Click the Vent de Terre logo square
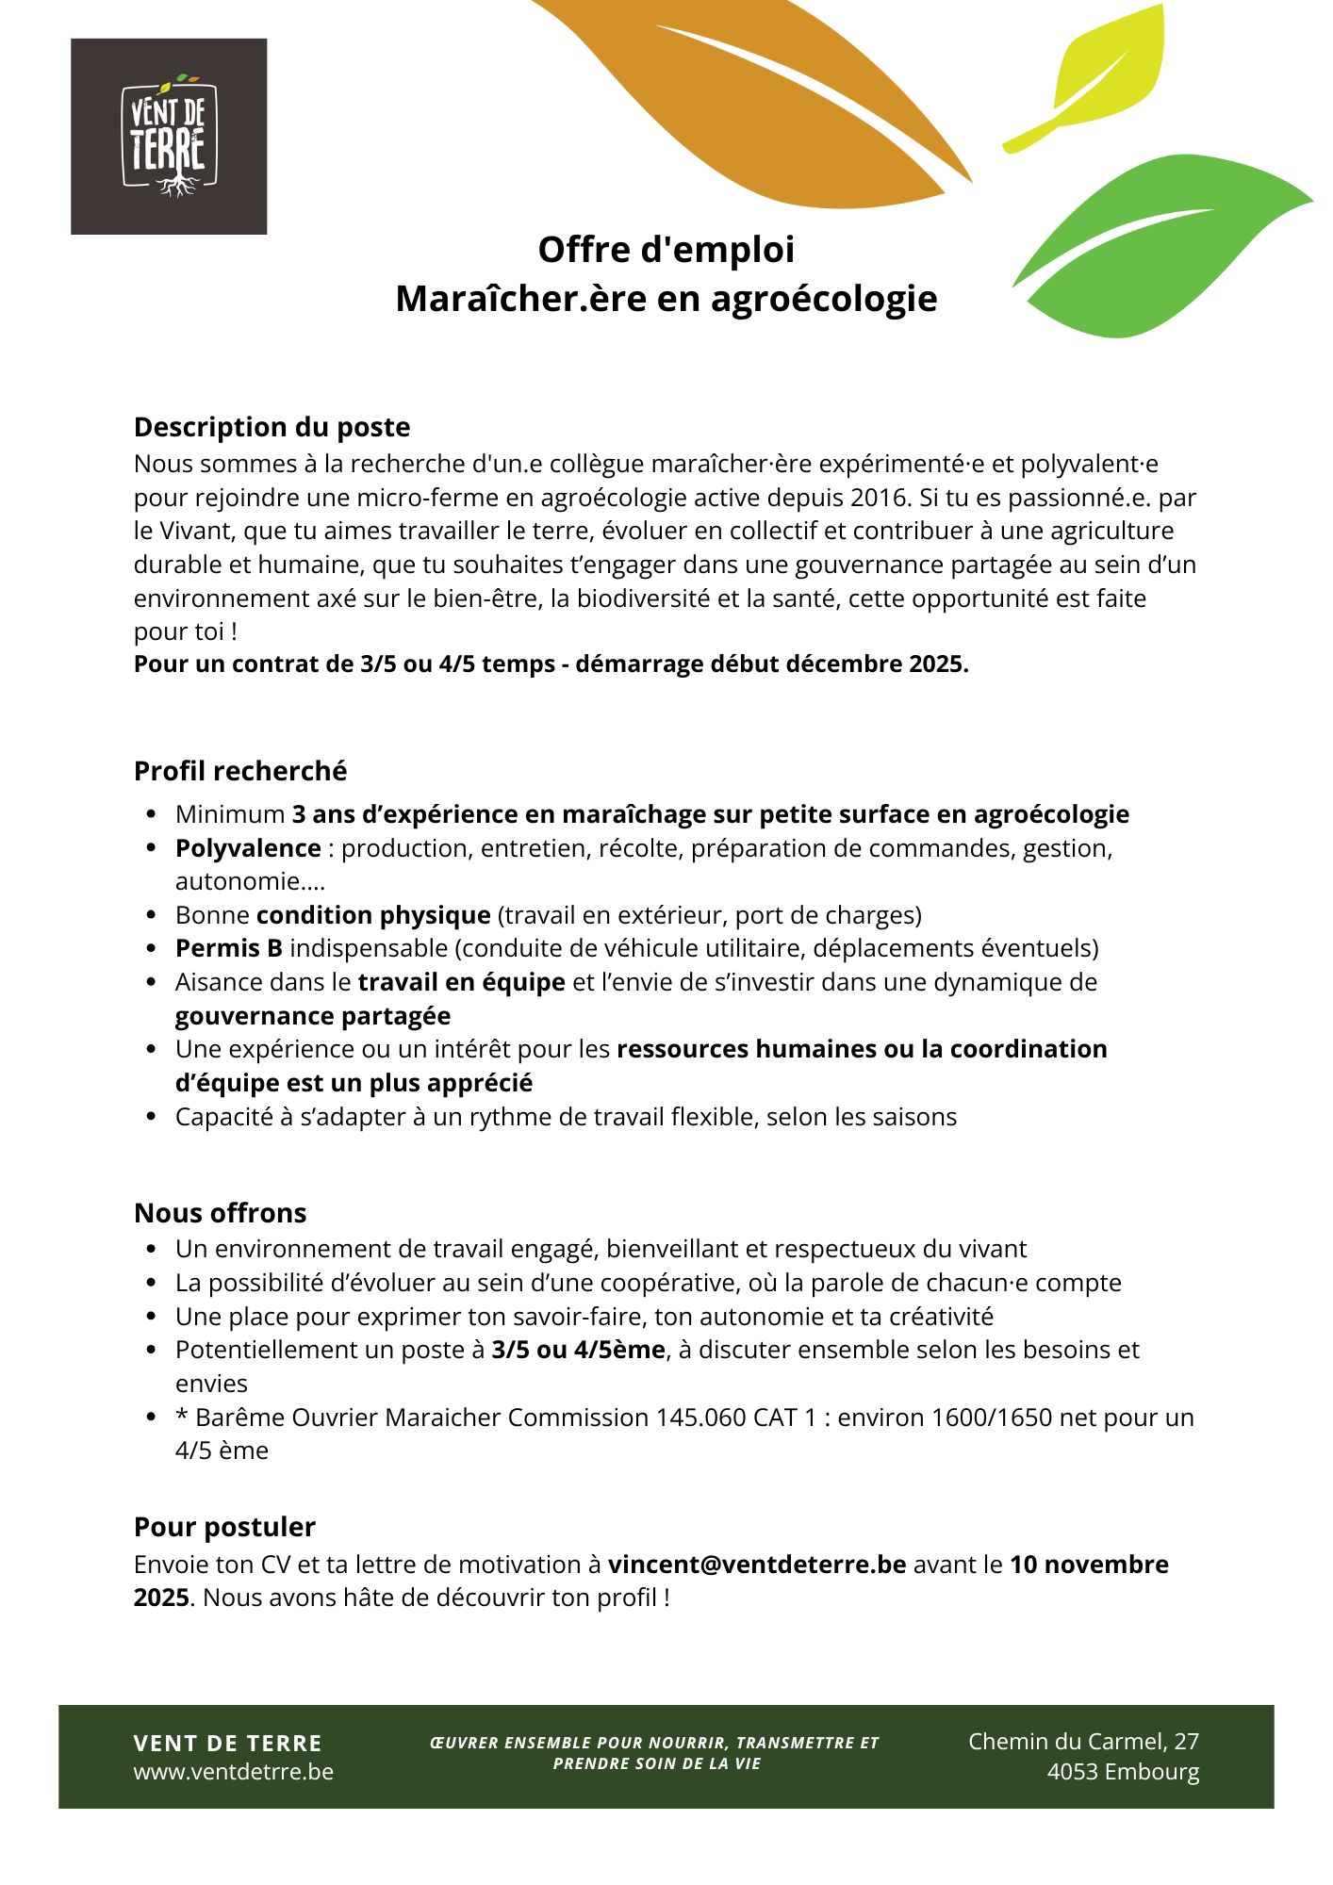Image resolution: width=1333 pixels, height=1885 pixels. (x=169, y=136)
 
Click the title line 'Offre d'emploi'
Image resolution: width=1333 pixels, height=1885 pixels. (x=666, y=250)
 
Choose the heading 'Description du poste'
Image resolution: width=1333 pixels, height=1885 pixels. (x=272, y=427)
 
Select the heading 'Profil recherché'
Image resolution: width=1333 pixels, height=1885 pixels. (x=240, y=771)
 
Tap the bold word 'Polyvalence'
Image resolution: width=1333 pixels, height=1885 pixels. (x=248, y=848)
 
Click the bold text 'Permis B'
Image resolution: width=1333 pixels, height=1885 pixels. (x=229, y=948)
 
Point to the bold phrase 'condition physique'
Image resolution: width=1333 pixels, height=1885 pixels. (x=373, y=915)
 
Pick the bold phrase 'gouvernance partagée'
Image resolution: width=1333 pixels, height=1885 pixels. (x=313, y=1016)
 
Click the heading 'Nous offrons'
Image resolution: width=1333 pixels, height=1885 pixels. (x=220, y=1213)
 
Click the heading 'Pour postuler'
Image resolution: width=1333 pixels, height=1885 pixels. (x=224, y=1527)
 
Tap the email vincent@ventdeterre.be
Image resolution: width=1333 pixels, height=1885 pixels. (x=757, y=1565)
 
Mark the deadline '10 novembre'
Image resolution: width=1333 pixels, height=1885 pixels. (x=1089, y=1565)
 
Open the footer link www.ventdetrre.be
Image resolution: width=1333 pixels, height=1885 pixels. (x=234, y=1772)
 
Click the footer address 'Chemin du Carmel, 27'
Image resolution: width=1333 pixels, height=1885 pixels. (x=1083, y=1742)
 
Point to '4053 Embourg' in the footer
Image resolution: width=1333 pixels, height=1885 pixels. (x=1123, y=1772)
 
